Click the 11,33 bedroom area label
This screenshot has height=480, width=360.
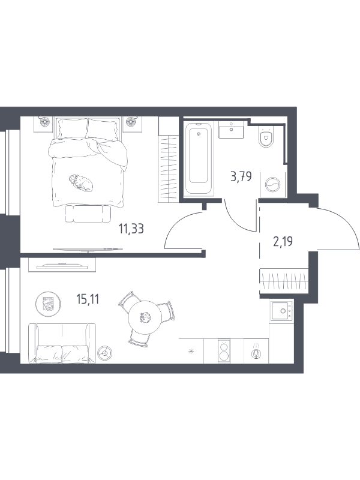click(x=131, y=229)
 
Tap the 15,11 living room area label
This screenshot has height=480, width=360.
click(x=88, y=299)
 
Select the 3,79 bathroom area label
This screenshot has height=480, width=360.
click(x=241, y=176)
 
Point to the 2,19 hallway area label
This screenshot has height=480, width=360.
click(x=283, y=242)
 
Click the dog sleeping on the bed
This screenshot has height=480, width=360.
click(x=80, y=182)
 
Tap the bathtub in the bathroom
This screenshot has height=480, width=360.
click(x=199, y=158)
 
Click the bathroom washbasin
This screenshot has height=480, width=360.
click(x=231, y=130)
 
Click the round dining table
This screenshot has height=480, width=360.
click(x=145, y=317)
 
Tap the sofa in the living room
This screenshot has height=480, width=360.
click(x=62, y=343)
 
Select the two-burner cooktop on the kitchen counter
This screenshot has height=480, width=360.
click(x=224, y=351)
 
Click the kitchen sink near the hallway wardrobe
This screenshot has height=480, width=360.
click(x=281, y=311)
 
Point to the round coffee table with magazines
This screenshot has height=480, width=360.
click(x=49, y=304)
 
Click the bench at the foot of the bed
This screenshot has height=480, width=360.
click(x=88, y=214)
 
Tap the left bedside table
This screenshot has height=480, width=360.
click(x=44, y=124)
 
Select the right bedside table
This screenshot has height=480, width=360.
click(x=132, y=124)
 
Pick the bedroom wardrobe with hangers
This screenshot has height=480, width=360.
click(x=168, y=160)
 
